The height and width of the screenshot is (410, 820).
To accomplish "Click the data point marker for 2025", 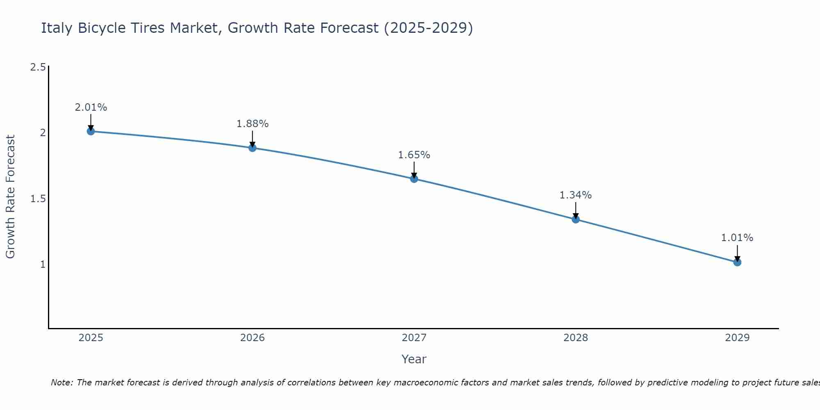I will coord(91,131).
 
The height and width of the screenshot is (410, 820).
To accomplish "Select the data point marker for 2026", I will coord(253,148).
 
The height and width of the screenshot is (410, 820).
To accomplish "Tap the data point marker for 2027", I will coord(414,179).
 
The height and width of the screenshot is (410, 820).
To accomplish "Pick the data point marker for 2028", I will coord(576,219).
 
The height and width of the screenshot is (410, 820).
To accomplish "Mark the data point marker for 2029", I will coord(737,262).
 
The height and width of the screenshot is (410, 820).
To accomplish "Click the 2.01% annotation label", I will coord(91,107).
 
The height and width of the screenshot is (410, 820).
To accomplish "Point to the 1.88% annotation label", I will coord(253,124).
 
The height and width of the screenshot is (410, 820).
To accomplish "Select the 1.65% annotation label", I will coord(414,155).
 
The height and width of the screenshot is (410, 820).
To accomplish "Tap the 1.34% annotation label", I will coord(576,195).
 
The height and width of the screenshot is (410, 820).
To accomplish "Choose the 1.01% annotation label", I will coord(737,238).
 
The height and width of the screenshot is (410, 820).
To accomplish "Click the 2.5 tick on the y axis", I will coord(38,67).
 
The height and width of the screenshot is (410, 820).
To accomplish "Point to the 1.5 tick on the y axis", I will coord(38,199).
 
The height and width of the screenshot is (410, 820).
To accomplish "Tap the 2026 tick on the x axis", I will coord(253,338).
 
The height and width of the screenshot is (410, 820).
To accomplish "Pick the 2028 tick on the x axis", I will coord(576,338).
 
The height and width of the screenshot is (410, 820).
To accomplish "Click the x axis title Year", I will coord(414,359).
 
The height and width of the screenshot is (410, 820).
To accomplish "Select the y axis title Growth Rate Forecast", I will coord(11,197).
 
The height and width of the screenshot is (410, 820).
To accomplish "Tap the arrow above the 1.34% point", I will coord(576,210).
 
